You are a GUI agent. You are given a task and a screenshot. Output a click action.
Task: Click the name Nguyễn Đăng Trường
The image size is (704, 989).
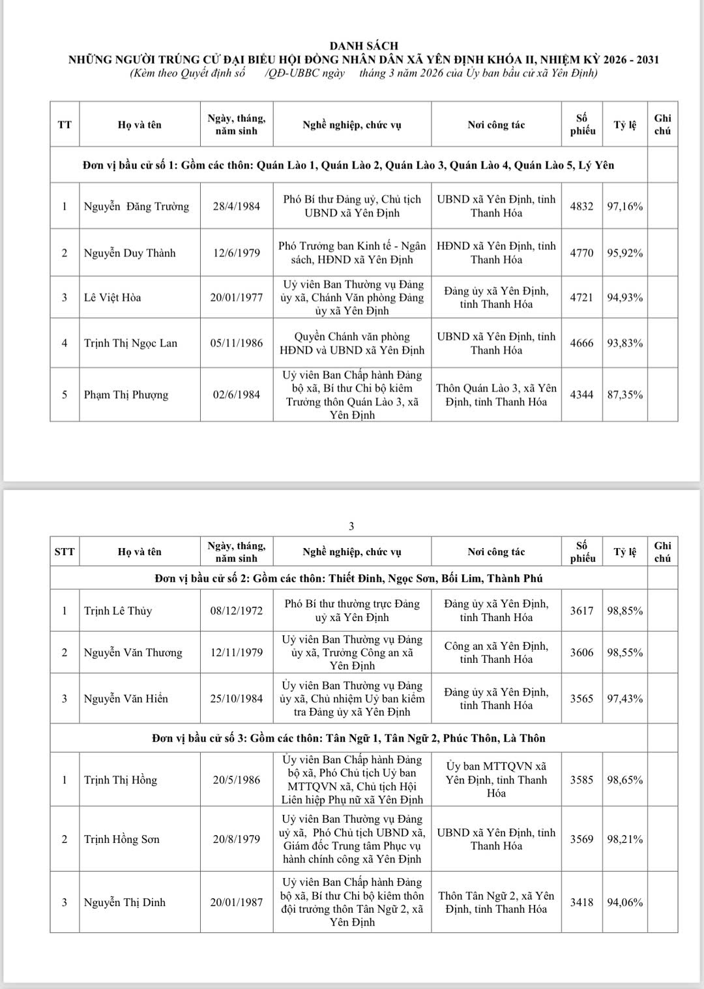click(x=136, y=206)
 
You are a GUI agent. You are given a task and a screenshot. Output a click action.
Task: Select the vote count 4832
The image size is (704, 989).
click(x=581, y=206)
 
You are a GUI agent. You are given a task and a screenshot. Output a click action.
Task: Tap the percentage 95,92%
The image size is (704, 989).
click(x=624, y=253)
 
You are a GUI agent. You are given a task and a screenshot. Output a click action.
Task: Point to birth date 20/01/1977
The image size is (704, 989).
click(x=237, y=297)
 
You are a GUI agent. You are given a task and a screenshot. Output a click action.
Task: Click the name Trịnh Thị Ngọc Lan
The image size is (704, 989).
click(x=130, y=343)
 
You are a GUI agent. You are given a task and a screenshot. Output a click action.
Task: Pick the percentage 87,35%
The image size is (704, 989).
click(x=624, y=395)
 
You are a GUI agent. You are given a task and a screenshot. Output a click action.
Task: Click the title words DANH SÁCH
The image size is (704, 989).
click(x=364, y=46)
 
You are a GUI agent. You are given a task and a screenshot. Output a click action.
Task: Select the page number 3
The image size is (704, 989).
click(x=351, y=526)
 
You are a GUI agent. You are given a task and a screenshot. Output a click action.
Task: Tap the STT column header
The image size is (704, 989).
click(x=65, y=552)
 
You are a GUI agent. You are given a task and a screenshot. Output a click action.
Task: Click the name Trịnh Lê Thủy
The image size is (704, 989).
click(x=118, y=611)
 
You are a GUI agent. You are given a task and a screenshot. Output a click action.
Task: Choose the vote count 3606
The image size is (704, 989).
click(x=581, y=652)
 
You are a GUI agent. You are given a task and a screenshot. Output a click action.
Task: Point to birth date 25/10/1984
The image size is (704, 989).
click(x=237, y=699)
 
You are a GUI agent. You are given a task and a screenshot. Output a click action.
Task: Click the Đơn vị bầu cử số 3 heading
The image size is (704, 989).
click(x=349, y=738)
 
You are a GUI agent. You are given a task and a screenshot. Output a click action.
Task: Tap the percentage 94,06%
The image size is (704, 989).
click(x=624, y=902)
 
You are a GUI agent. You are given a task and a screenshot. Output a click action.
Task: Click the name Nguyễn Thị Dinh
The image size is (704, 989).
click(x=125, y=902)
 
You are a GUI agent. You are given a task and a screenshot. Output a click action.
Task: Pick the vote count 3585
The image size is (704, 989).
click(x=581, y=780)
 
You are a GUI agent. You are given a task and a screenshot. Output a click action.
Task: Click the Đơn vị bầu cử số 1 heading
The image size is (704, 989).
click(x=349, y=165)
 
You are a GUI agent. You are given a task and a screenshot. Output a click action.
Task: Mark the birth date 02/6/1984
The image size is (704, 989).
click(x=237, y=395)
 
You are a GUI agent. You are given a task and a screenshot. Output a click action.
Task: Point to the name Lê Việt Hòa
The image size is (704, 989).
click(x=113, y=297)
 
